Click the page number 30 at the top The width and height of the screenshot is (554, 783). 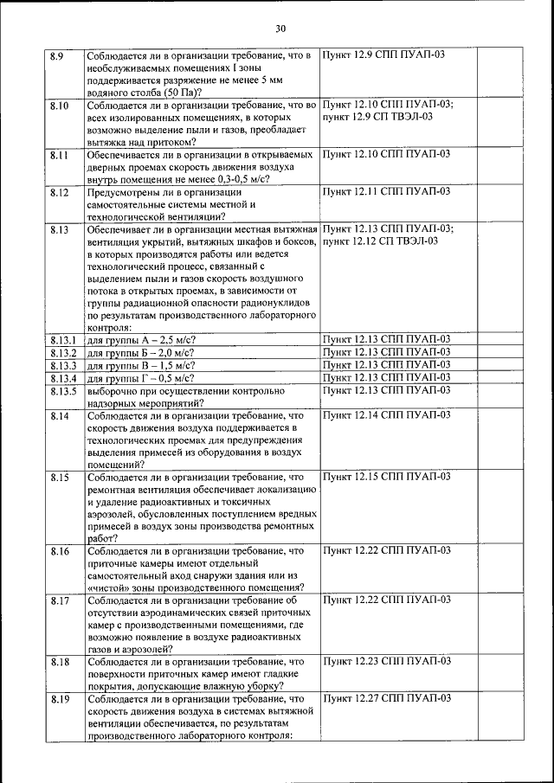(280, 29)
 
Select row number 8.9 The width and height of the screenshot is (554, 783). (57, 56)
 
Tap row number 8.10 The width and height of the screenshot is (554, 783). (59, 106)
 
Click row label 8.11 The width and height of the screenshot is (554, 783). (59, 155)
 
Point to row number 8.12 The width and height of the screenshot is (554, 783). (59, 191)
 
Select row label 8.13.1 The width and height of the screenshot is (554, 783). (64, 340)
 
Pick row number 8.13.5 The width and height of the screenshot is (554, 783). (64, 391)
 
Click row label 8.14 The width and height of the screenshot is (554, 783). (59, 415)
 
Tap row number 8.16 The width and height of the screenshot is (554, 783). (59, 550)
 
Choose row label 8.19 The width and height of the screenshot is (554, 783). (59, 697)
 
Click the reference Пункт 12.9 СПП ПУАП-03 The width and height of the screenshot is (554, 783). (384, 56)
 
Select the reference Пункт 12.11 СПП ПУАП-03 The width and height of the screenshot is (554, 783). (386, 191)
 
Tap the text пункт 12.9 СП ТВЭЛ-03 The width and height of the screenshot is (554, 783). (377, 118)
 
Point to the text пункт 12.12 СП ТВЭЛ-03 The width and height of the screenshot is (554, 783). (379, 241)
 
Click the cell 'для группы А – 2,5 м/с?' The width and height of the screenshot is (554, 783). (141, 340)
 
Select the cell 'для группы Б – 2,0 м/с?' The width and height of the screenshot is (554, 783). (141, 353)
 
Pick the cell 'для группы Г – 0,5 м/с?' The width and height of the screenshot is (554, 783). (140, 378)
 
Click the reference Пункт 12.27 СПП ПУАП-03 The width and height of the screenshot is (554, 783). (386, 697)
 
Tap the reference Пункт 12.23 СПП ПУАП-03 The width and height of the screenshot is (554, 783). (386, 661)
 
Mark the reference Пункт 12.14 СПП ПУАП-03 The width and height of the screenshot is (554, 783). (386, 415)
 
